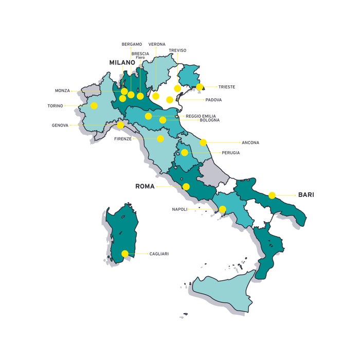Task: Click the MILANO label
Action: [122, 62]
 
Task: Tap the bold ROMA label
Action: [145, 186]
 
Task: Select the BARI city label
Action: [306, 195]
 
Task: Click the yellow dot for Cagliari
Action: [125, 254]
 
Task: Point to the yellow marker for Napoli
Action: [222, 209]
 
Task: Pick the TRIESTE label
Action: [226, 87]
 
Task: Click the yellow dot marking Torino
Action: [94, 106]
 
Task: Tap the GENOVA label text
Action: [60, 125]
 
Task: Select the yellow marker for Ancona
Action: [204, 142]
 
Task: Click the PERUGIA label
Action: [231, 153]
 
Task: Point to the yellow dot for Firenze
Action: [160, 139]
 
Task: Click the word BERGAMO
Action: [132, 44]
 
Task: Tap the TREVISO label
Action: [177, 50]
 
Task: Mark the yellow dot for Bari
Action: [272, 195]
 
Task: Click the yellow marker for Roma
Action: [186, 187]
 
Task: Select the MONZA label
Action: [62, 91]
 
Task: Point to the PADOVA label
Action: [213, 100]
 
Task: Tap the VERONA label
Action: [157, 44]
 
